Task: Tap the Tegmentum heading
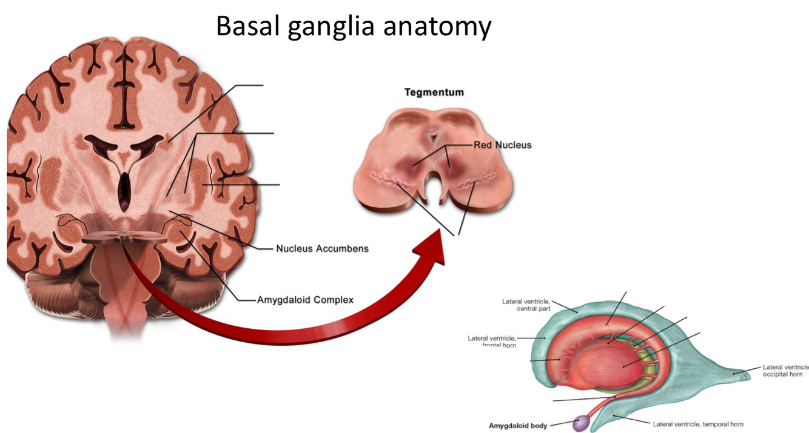(x=434, y=93)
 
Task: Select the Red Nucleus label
(x=502, y=145)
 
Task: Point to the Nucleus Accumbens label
(x=322, y=248)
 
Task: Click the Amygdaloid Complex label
(x=305, y=300)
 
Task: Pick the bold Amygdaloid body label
(x=518, y=425)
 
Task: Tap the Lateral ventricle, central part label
(x=526, y=305)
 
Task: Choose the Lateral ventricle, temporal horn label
(x=698, y=424)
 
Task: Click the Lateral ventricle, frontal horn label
(x=492, y=342)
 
